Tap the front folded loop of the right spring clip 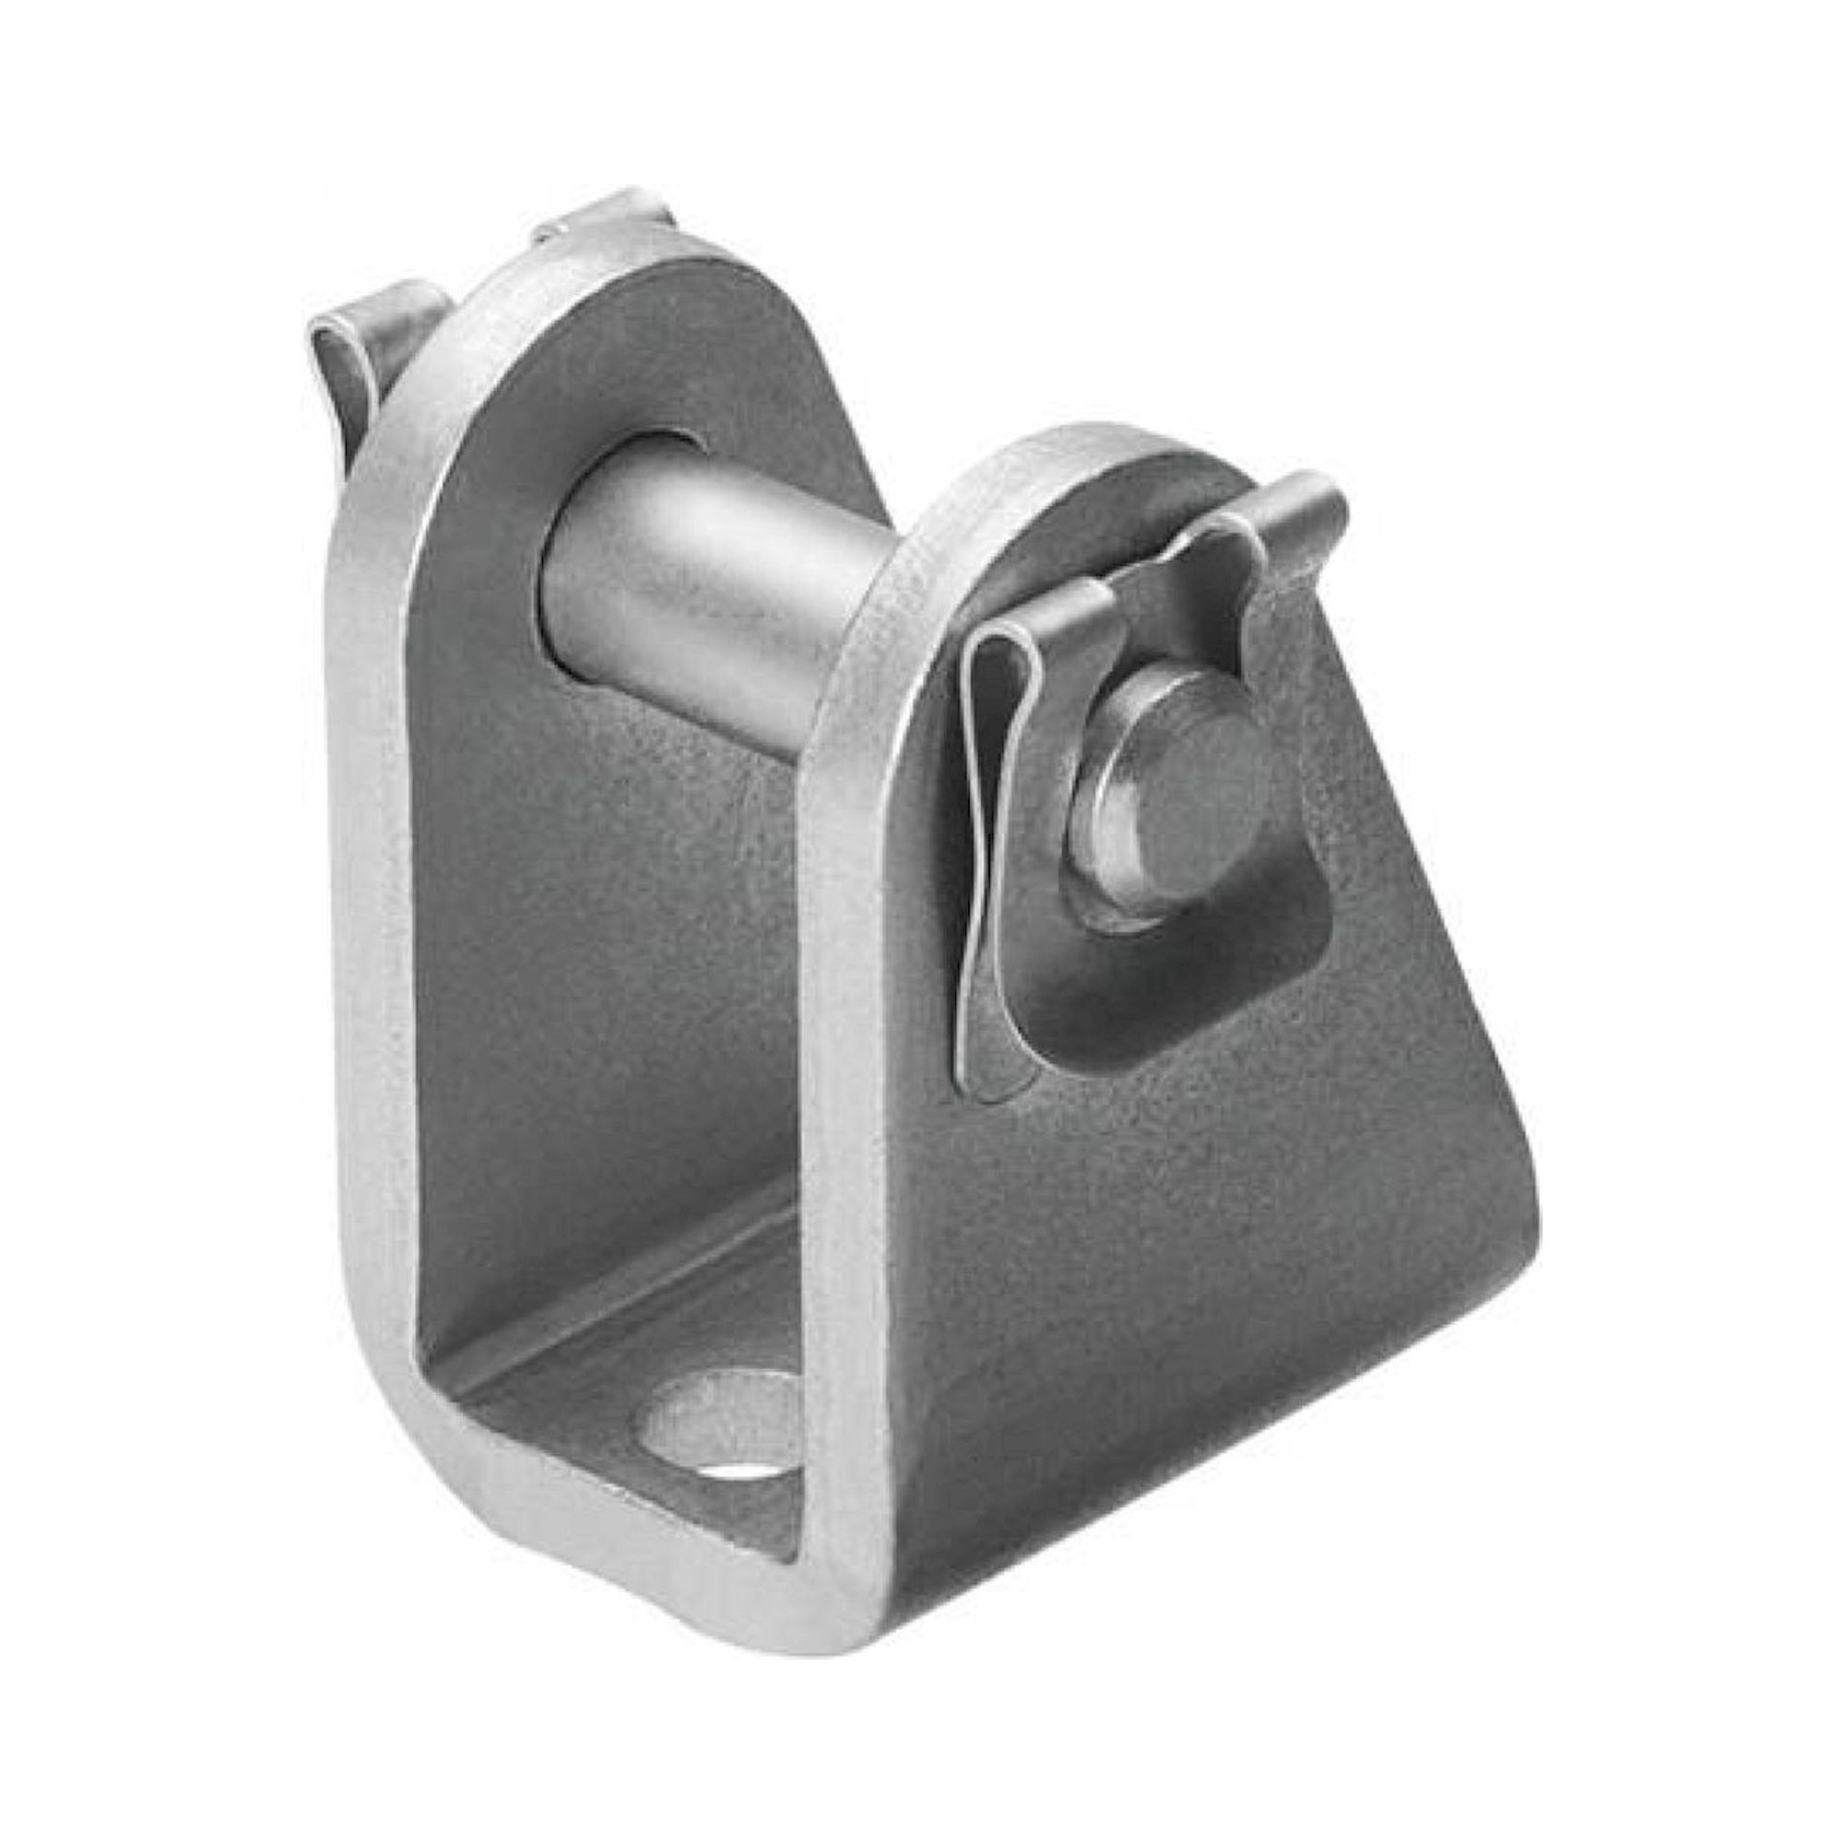1002,668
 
